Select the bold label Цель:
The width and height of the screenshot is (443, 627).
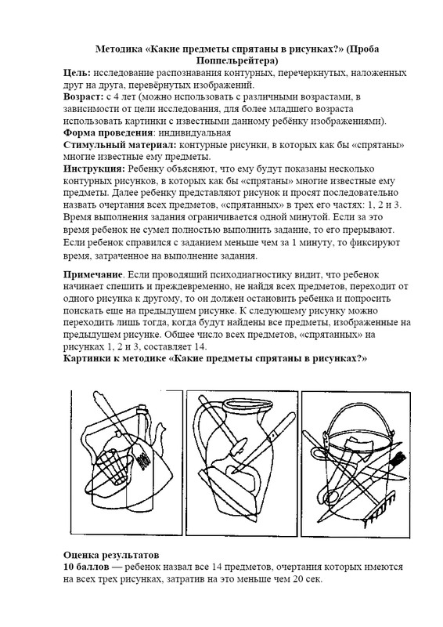pos(77,73)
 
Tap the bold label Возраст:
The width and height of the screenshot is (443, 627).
pos(84,96)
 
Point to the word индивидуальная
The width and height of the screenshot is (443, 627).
pos(193,132)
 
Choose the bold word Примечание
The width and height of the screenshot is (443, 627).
pos(92,275)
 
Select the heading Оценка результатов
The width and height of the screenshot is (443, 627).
pos(111,555)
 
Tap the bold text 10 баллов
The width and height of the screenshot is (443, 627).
pos(86,567)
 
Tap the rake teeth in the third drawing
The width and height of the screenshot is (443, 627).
pos(381,507)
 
